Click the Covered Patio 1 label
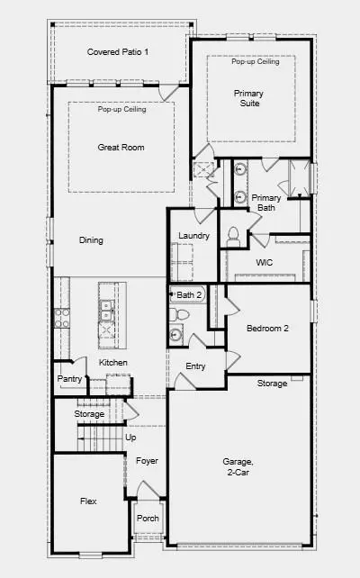click(118, 52)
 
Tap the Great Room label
click(121, 148)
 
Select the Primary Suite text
click(249, 98)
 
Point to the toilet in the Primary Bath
click(233, 237)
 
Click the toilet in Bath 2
click(178, 314)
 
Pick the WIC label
click(265, 263)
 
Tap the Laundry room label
click(193, 236)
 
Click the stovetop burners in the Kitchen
click(61, 319)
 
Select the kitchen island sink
click(107, 311)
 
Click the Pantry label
click(69, 379)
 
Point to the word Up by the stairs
click(130, 438)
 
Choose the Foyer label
click(147, 461)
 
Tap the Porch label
click(148, 519)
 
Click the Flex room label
click(88, 501)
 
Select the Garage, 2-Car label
click(238, 466)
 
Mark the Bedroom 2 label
click(267, 329)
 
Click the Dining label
click(91, 240)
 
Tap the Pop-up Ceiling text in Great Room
click(122, 109)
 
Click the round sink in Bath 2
click(175, 335)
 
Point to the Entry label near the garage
click(195, 366)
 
